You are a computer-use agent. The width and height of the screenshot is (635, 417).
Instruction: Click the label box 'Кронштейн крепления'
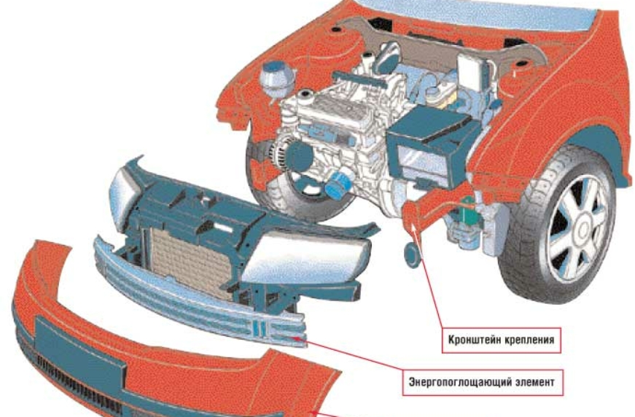(501, 340)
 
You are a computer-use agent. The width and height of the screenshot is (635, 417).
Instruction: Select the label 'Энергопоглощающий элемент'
(483, 382)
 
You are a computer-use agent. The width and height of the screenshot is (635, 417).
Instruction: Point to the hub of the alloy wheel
(583, 230)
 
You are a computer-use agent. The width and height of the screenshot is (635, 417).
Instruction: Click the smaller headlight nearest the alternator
(125, 199)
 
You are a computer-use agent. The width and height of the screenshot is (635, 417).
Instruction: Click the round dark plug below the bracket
(412, 255)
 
